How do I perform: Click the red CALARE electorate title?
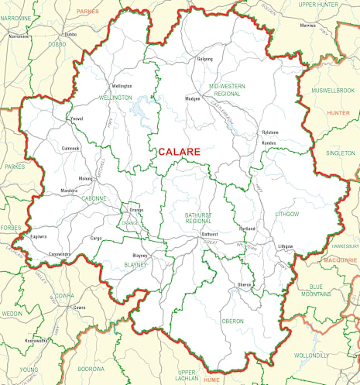click(x=179, y=152)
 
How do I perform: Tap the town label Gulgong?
click(x=204, y=59)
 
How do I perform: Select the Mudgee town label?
click(x=193, y=99)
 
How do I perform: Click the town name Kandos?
click(x=269, y=143)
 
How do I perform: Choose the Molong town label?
click(x=85, y=177)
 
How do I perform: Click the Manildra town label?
click(x=70, y=190)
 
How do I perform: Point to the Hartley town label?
click(x=248, y=229)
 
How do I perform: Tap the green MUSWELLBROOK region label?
click(x=331, y=91)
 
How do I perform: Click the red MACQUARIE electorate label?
click(x=341, y=260)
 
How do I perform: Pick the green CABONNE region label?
click(x=94, y=198)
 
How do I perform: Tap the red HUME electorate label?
click(x=212, y=380)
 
